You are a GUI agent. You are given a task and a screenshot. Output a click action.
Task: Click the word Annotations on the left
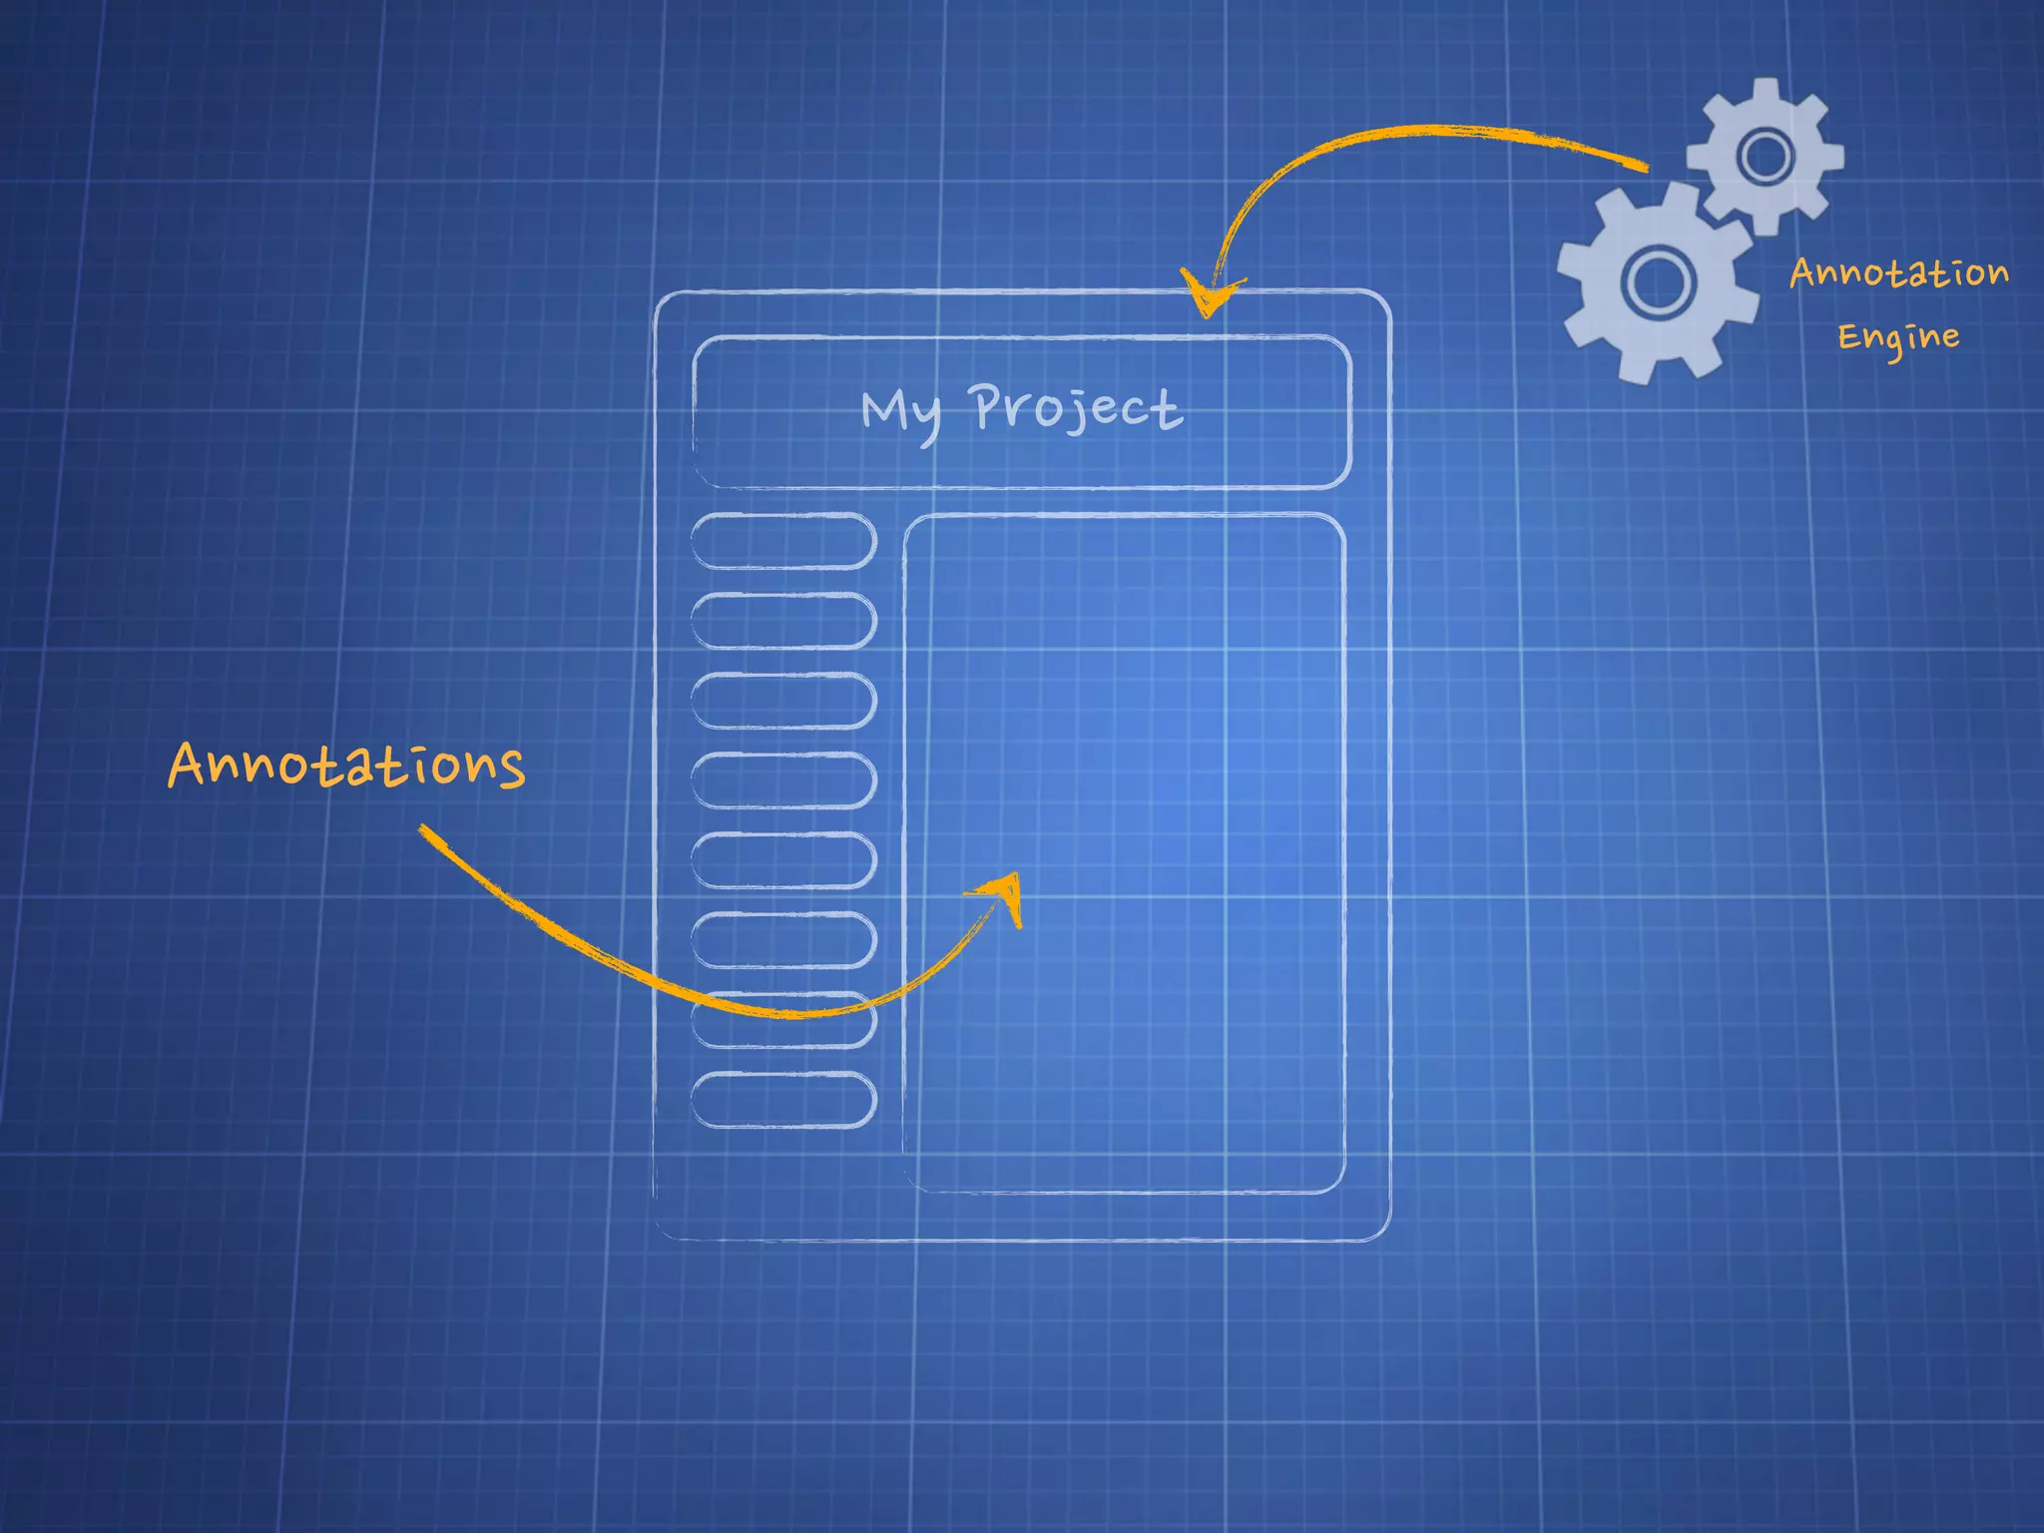click(346, 766)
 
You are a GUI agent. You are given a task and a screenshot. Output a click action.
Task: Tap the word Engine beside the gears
click(1898, 337)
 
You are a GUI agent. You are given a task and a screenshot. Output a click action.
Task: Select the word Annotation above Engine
click(1898, 271)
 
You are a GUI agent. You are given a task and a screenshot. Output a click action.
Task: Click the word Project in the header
click(1076, 407)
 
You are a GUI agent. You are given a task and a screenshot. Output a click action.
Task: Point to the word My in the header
click(901, 412)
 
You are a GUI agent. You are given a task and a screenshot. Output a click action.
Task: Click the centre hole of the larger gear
click(1658, 281)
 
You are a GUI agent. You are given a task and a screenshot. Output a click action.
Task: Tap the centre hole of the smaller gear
click(1766, 156)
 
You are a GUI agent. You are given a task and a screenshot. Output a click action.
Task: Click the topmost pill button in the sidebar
click(783, 541)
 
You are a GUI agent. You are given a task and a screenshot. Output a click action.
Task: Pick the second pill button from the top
click(783, 621)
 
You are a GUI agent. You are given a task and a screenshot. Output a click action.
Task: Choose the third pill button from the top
click(783, 701)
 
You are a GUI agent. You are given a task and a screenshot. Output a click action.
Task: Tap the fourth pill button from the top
click(783, 780)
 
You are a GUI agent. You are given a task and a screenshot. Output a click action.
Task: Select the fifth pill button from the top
click(783, 860)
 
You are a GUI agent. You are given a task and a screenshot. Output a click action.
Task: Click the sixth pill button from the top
click(783, 940)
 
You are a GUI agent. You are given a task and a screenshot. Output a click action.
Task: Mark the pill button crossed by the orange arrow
click(783, 1020)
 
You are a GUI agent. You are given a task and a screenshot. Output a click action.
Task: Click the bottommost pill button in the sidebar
click(783, 1100)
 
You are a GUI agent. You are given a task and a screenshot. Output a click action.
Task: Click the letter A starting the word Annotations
click(187, 766)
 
